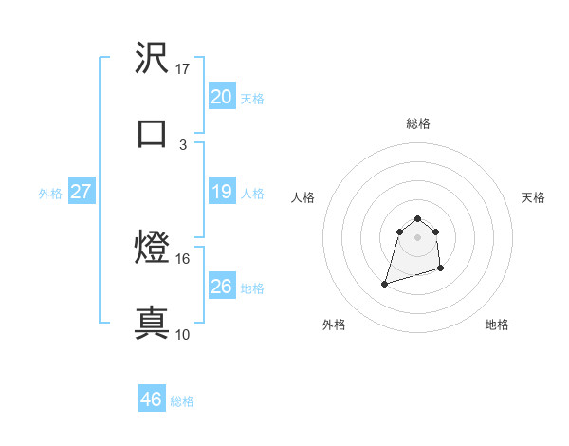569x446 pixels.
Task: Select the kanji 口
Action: (153, 132)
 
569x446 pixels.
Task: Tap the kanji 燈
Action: (153, 248)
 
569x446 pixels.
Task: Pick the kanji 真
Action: (153, 322)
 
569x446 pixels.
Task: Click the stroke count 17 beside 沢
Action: (183, 69)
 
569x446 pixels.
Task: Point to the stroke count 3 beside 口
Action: (183, 144)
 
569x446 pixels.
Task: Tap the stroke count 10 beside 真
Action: (183, 334)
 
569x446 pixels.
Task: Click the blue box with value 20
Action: (221, 97)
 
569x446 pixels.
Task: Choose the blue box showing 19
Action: (221, 193)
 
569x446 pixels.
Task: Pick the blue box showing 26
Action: (221, 287)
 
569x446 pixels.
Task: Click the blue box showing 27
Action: (82, 193)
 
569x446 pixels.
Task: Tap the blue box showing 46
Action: (152, 400)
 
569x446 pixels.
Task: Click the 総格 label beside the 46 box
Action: (182, 401)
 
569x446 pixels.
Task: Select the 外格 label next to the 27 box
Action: (50, 194)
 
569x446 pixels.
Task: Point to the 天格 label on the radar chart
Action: (534, 197)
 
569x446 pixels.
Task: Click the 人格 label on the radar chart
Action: (303, 197)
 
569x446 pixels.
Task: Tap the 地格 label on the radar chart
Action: (497, 325)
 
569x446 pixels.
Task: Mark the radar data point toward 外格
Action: (385, 283)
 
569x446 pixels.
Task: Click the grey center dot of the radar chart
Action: (417, 237)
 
